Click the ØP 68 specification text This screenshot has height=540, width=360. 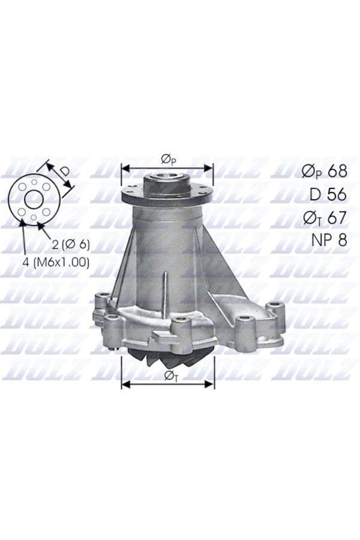point(324,171)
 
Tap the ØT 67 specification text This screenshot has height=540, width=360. point(324,217)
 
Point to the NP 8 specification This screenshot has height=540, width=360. point(329,240)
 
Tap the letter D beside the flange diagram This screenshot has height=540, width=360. point(64,171)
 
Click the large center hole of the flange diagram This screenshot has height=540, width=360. point(34,199)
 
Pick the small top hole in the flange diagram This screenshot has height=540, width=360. point(34,181)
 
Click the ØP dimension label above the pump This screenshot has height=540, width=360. point(167,158)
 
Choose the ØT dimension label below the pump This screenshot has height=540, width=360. point(168,375)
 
